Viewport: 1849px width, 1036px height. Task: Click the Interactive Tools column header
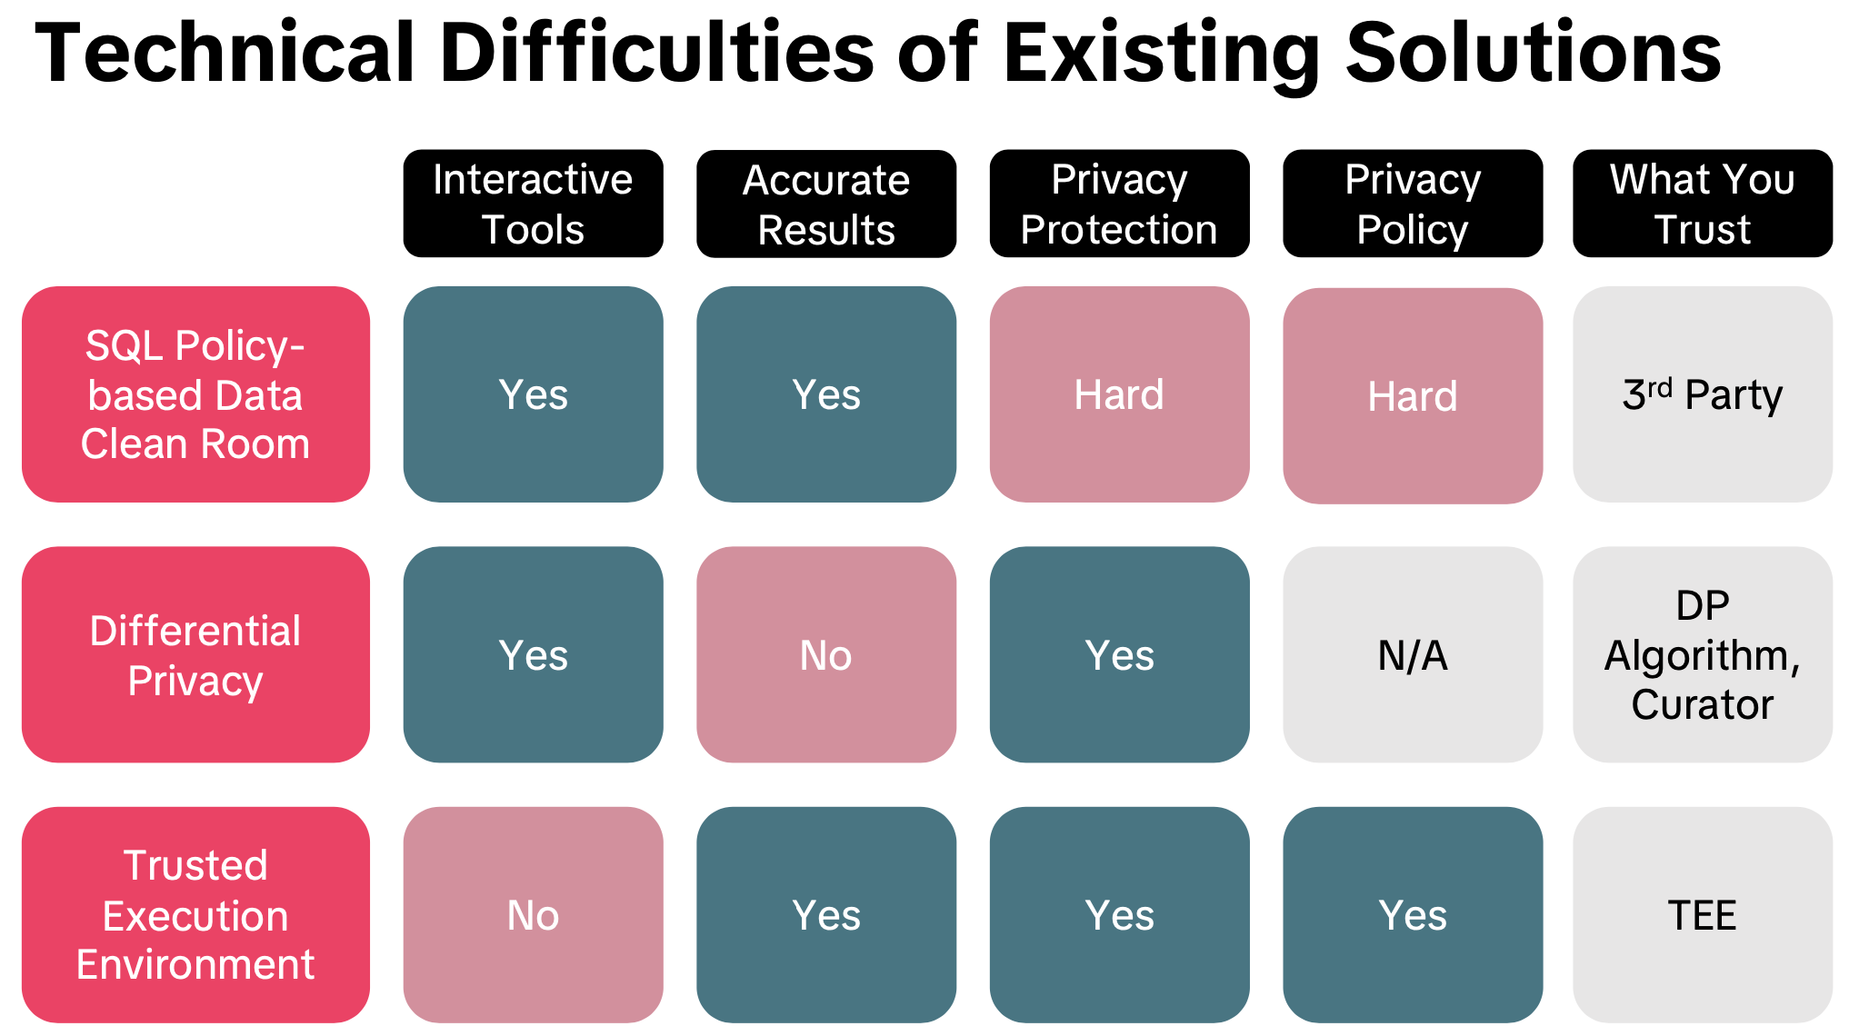coord(533,204)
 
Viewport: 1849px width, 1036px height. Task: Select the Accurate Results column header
coord(825,204)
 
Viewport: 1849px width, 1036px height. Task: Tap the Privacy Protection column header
coord(1119,204)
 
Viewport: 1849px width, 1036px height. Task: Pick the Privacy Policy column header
coord(1412,204)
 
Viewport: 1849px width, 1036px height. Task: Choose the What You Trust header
coord(1702,204)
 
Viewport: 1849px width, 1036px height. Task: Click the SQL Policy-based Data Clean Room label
coord(195,394)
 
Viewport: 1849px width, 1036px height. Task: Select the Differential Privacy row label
coord(195,654)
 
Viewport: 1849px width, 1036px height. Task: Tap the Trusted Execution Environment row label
coord(195,914)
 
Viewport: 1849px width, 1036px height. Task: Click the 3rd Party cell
coord(1702,394)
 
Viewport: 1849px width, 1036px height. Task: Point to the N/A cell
coord(1412,654)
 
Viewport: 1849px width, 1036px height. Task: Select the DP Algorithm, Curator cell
coord(1702,654)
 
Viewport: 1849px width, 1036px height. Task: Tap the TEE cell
coord(1702,914)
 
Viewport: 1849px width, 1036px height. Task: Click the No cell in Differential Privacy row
coord(825,654)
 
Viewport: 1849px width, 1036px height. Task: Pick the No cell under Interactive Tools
coord(533,914)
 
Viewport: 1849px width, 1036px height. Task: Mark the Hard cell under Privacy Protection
coord(1119,394)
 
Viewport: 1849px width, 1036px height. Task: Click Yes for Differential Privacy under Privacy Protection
coord(1119,654)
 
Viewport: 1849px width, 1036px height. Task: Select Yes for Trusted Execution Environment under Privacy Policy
coord(1412,914)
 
